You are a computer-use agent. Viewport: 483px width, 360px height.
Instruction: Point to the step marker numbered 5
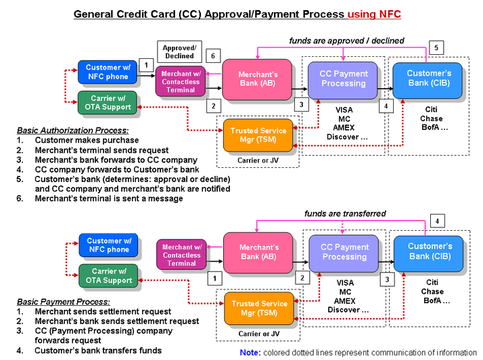[436, 48]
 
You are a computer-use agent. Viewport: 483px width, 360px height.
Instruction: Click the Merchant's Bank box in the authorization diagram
[258, 79]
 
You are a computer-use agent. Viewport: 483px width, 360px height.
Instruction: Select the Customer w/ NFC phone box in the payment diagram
[108, 245]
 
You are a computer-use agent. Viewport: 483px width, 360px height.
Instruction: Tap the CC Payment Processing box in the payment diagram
[344, 252]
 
